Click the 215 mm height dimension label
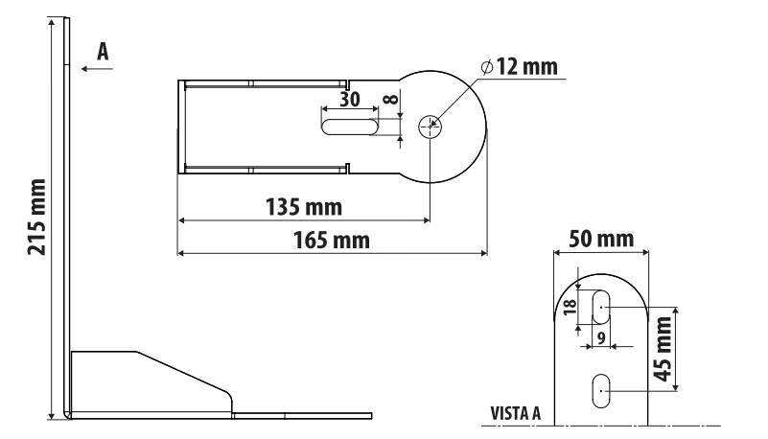pos(36,217)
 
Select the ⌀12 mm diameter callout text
pos(519,67)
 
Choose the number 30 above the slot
pos(350,100)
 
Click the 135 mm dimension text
pos(304,206)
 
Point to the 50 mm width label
pos(601,236)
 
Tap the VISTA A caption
pos(516,415)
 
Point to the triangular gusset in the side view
pos(144,379)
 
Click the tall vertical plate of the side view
pos(67,220)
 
